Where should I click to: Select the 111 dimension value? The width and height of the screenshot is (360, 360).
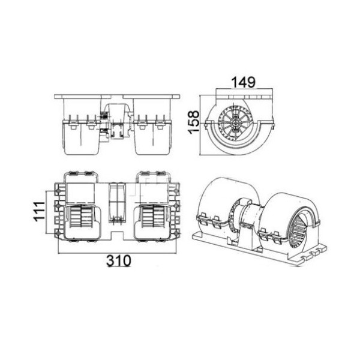tap(38, 212)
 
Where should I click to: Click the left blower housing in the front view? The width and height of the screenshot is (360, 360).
tap(80, 134)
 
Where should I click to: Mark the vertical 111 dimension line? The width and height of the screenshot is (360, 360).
tap(47, 212)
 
